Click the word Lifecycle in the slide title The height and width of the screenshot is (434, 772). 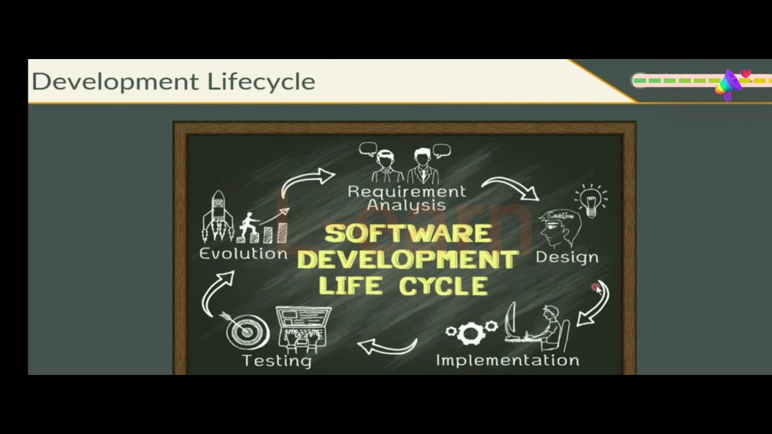click(x=261, y=82)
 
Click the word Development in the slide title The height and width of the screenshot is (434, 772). click(x=115, y=82)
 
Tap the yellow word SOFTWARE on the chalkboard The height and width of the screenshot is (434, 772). click(x=408, y=234)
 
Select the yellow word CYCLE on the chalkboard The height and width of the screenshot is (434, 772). click(x=445, y=286)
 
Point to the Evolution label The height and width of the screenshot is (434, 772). click(x=244, y=254)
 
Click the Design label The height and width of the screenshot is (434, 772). click(x=567, y=257)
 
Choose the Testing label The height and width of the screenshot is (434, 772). click(x=277, y=360)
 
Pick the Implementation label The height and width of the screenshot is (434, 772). click(x=507, y=360)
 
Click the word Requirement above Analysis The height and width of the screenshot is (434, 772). click(x=407, y=192)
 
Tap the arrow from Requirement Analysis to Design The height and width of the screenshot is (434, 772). click(x=511, y=186)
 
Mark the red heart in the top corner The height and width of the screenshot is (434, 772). click(x=746, y=74)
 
